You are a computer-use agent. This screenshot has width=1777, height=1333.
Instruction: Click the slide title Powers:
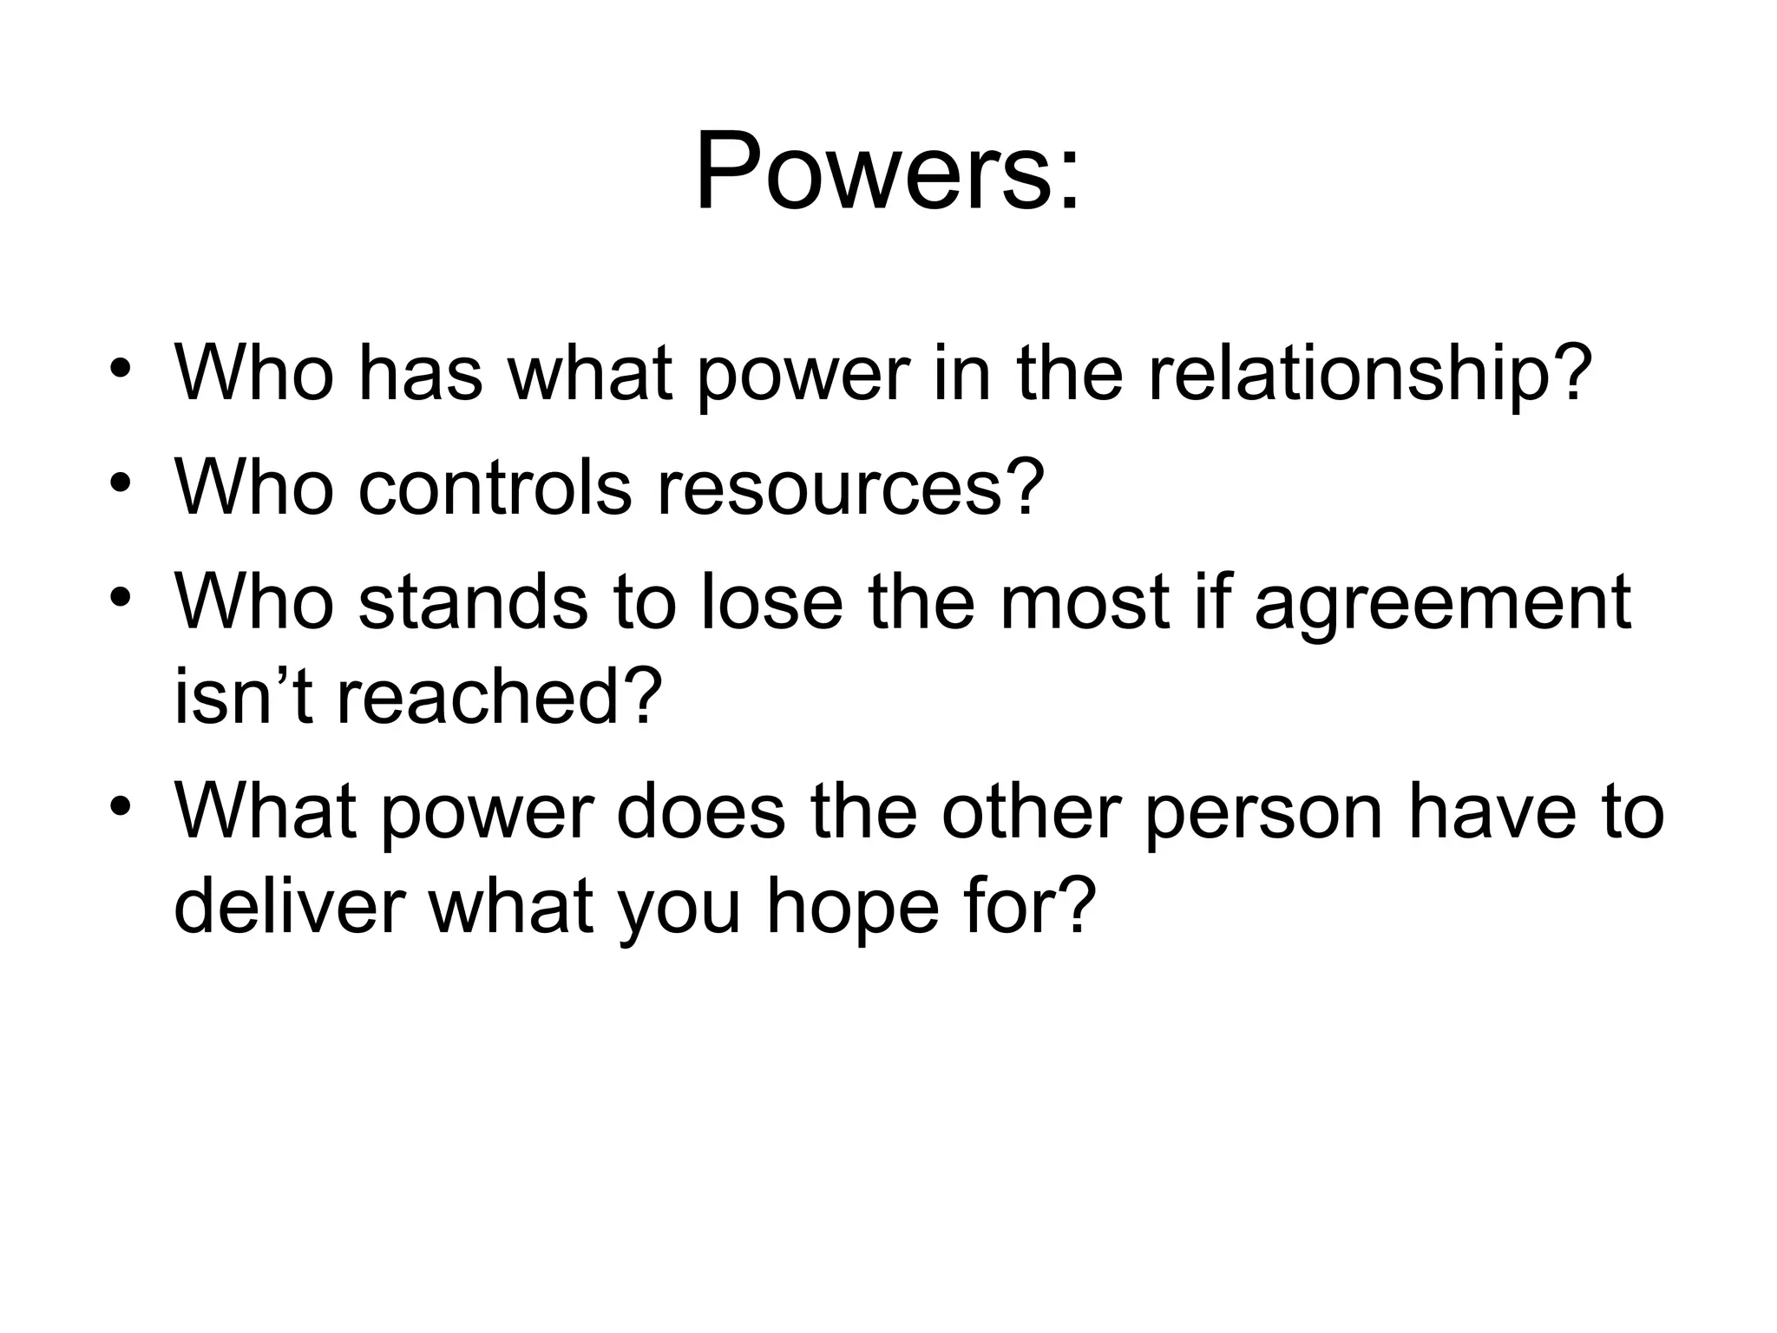(888, 170)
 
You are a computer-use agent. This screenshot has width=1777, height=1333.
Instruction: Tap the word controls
(495, 488)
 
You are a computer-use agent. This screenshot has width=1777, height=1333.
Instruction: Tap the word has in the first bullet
(421, 374)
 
